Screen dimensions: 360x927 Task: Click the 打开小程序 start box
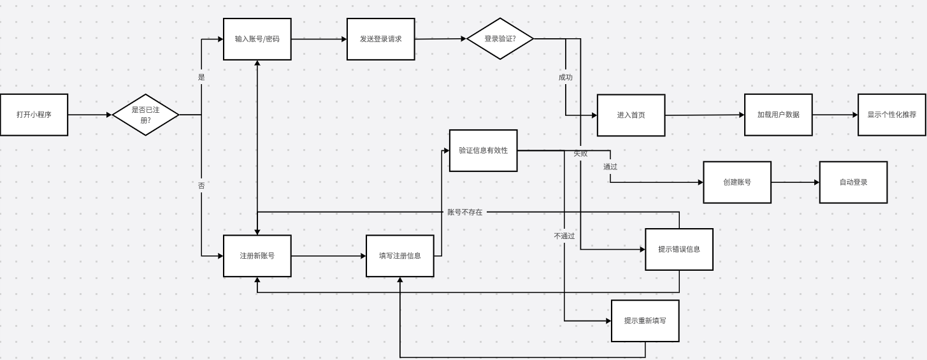[x=34, y=115]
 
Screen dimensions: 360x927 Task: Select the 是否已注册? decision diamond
[x=145, y=115]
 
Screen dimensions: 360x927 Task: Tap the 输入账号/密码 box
[x=257, y=39]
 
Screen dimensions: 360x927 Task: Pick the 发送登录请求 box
[x=380, y=39]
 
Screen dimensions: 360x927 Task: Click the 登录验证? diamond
[x=499, y=39]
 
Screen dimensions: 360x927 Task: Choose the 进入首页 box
[x=631, y=115]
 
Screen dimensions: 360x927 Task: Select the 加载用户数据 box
[x=778, y=115]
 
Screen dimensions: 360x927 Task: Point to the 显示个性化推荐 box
[x=891, y=115]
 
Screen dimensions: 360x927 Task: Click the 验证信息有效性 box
[x=483, y=150]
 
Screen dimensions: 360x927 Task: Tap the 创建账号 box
[x=737, y=182]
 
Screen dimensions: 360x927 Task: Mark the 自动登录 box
[x=853, y=182]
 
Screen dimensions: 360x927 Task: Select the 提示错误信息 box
[x=679, y=249]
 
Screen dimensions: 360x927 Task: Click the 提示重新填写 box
[x=645, y=320]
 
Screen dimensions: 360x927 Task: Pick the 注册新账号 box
[x=257, y=256]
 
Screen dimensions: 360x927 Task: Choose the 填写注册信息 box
[x=399, y=256]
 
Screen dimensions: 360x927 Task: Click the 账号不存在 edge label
[x=464, y=212]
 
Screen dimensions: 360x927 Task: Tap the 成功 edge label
[x=565, y=77]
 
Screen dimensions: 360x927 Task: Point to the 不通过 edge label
[x=564, y=236]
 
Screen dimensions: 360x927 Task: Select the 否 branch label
[x=201, y=185]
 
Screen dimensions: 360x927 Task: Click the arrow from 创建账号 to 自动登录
[x=795, y=182]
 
